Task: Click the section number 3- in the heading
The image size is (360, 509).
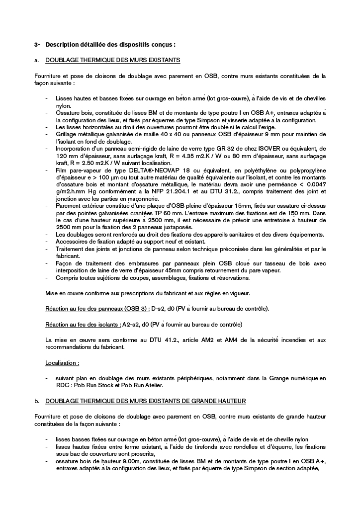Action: [37, 45]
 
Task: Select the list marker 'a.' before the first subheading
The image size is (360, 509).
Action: [37, 60]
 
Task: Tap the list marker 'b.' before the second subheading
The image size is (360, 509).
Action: [37, 401]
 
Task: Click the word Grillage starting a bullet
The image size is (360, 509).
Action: [66, 135]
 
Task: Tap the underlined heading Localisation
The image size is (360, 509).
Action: [62, 363]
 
